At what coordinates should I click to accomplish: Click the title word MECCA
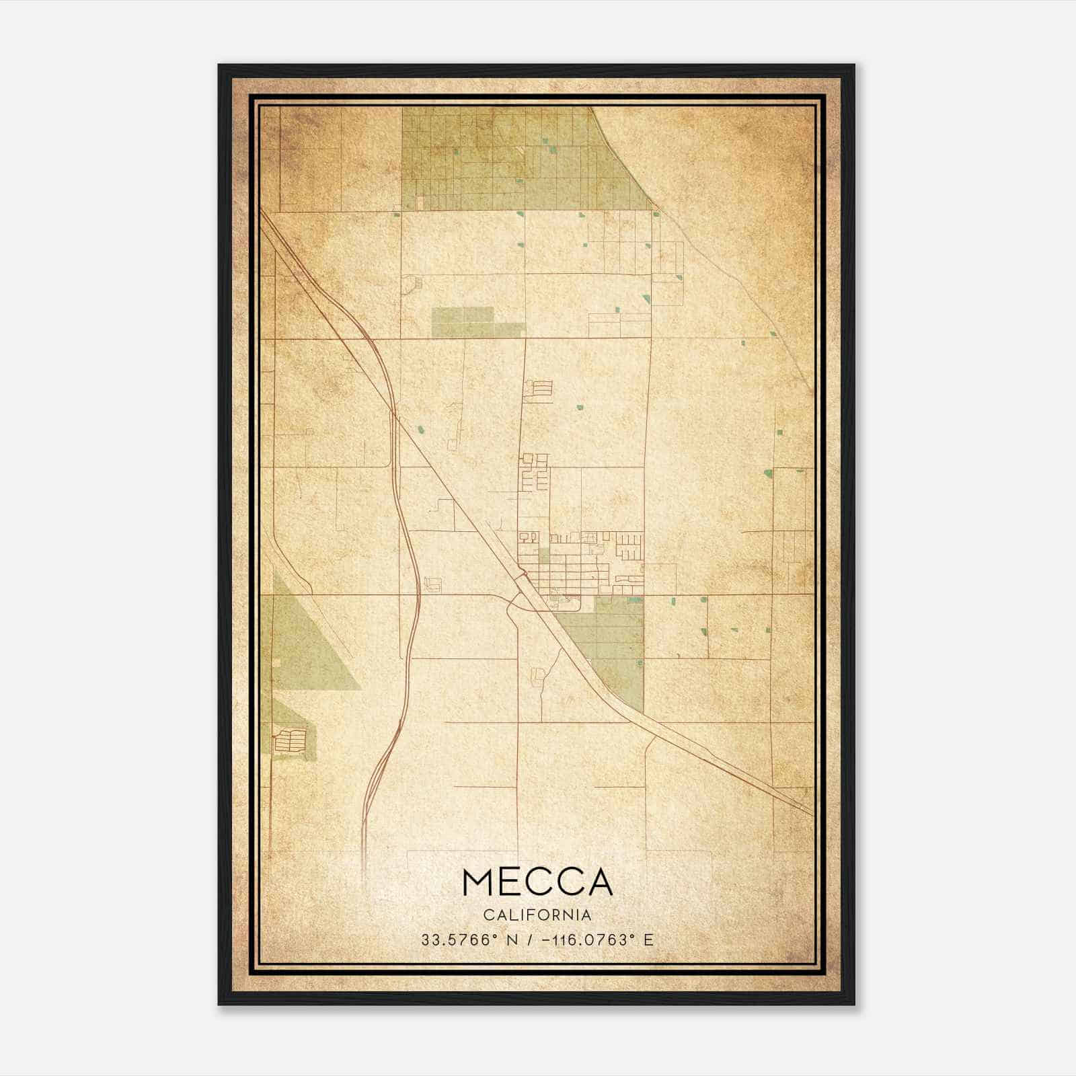pos(537,882)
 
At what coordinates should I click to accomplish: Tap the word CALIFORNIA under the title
pos(537,915)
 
